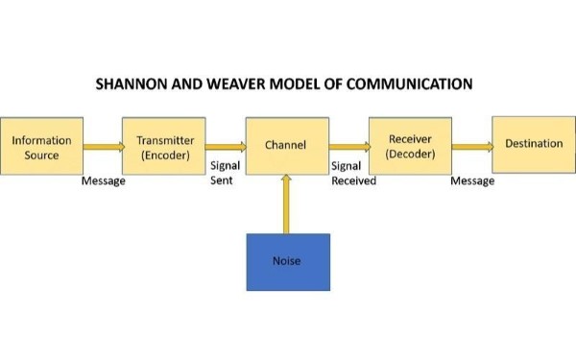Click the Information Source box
pyautogui.click(x=41, y=147)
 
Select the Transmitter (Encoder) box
pyautogui.click(x=164, y=147)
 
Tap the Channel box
pyautogui.click(x=286, y=146)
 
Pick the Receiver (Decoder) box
pyautogui.click(x=410, y=146)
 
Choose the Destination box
pyautogui.click(x=534, y=145)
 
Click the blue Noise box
pyautogui.click(x=286, y=261)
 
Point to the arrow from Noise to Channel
pyautogui.click(x=286, y=204)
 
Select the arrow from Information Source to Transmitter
pyautogui.click(x=103, y=147)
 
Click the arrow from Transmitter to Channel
pyautogui.click(x=226, y=147)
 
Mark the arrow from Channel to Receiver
pyautogui.click(x=349, y=147)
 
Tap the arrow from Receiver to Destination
pyautogui.click(x=472, y=147)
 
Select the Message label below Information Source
pyautogui.click(x=103, y=180)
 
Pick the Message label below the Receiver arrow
pyautogui.click(x=472, y=180)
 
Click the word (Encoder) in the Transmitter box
pyautogui.click(x=165, y=155)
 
